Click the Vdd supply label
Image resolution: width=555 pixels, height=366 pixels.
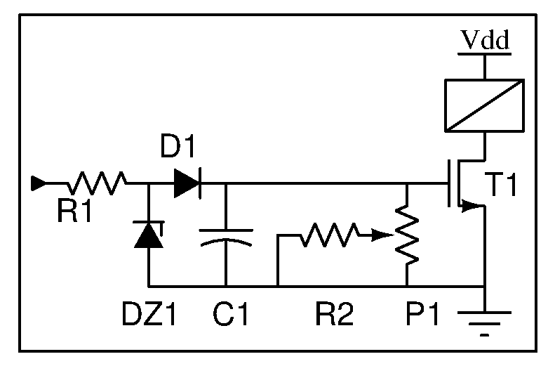[x=486, y=39]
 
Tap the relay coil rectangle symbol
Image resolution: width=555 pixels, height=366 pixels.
[x=485, y=105]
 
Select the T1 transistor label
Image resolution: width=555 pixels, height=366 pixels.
[x=502, y=184]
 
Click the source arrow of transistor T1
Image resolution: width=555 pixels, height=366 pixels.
[x=471, y=206]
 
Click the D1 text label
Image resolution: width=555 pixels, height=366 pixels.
[x=178, y=145]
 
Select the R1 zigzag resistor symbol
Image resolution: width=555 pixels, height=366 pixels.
[x=98, y=183]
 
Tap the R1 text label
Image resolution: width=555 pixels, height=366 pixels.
[x=74, y=211]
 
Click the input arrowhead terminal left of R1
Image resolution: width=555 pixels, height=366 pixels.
[x=38, y=183]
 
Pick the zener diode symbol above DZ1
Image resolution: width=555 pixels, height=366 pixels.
[x=149, y=234]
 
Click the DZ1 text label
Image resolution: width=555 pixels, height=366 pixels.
[x=149, y=313]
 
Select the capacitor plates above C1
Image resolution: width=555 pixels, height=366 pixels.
[x=226, y=237]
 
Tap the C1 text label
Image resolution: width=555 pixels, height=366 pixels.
[x=231, y=313]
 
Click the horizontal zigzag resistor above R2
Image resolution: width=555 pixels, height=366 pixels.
[x=330, y=235]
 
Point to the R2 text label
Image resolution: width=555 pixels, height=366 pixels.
[x=335, y=313]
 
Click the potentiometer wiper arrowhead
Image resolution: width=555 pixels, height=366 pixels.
[x=382, y=235]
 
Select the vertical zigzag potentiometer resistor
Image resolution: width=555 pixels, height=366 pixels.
[x=407, y=235]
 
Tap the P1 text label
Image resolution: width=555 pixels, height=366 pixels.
[x=422, y=313]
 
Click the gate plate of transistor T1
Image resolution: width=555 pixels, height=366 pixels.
[x=449, y=183]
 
